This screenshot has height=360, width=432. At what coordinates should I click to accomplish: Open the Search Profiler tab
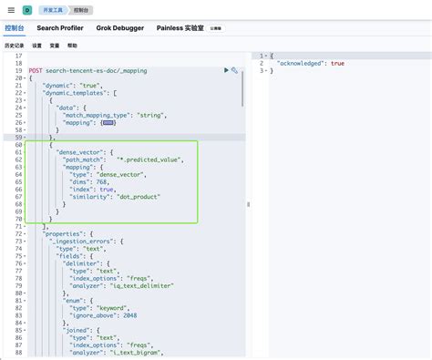pyautogui.click(x=62, y=28)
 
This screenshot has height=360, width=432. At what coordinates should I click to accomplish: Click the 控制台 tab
pyautogui.click(x=15, y=28)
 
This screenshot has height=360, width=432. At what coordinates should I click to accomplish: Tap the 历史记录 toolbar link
pyautogui.click(x=14, y=44)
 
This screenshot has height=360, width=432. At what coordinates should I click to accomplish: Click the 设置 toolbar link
pyautogui.click(x=36, y=44)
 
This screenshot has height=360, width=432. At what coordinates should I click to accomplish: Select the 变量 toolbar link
pyautogui.click(x=55, y=44)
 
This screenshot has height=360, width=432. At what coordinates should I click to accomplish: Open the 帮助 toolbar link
pyautogui.click(x=73, y=44)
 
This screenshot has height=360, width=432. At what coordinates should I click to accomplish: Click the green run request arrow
pyautogui.click(x=226, y=70)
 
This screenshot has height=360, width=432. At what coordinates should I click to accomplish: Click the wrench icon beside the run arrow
pyautogui.click(x=235, y=70)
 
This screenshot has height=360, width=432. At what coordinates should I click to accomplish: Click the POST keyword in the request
pyautogui.click(x=35, y=70)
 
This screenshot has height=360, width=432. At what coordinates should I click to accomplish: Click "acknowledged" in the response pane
pyautogui.click(x=298, y=63)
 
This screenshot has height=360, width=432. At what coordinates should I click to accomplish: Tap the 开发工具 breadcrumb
pyautogui.click(x=56, y=9)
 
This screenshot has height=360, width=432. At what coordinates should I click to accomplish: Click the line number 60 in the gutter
pyautogui.click(x=18, y=144)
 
